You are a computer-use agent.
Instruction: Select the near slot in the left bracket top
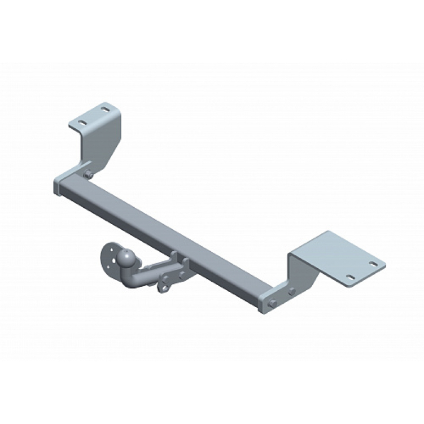coord(82,123)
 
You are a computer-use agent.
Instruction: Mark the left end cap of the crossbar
coord(56,187)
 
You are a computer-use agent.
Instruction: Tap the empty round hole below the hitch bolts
coord(164,288)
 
